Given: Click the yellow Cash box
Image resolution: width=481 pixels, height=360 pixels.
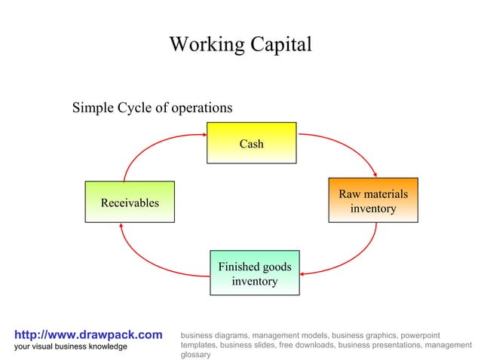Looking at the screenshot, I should (x=251, y=142).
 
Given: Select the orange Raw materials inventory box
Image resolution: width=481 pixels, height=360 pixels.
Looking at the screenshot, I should (x=372, y=200).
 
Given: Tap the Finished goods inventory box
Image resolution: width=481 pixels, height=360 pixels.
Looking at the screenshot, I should (x=254, y=273).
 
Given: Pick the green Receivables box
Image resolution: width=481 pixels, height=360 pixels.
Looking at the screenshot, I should (x=130, y=202).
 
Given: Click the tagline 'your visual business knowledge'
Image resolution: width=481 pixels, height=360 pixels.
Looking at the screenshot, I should (x=71, y=346).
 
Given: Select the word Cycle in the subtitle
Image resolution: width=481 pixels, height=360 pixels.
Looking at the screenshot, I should (x=133, y=108).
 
